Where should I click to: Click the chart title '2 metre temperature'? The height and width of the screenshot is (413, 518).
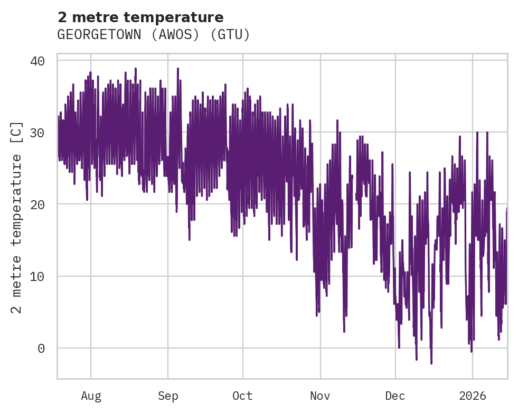[140, 17]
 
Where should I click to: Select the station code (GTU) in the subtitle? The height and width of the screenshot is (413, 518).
[230, 35]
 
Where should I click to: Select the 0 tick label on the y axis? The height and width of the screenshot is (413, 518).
[41, 348]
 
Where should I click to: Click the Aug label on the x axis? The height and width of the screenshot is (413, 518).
[91, 396]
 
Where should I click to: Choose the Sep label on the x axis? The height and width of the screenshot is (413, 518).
[168, 396]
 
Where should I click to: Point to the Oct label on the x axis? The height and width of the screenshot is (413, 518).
[243, 396]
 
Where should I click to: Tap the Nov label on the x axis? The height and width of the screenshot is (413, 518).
[320, 396]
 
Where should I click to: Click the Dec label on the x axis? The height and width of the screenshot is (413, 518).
[395, 396]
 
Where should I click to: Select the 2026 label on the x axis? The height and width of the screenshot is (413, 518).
[472, 396]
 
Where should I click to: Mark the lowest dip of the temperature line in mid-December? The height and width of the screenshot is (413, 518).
[431, 363]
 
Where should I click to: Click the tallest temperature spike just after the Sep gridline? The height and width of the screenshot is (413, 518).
[178, 69]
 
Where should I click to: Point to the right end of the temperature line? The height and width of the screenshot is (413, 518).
[506, 209]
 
